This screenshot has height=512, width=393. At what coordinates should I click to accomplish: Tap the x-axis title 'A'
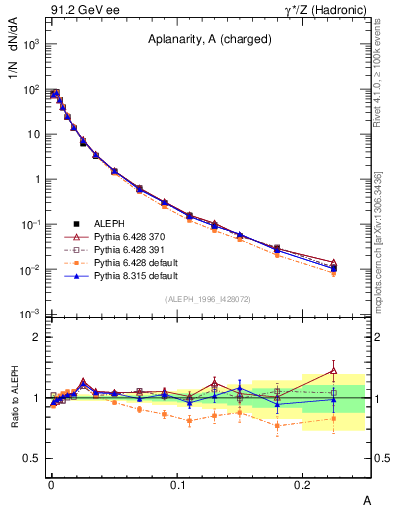366,498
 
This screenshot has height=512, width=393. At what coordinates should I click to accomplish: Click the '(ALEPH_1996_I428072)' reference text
208,298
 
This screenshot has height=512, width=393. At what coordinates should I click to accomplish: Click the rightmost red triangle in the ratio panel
334,371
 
